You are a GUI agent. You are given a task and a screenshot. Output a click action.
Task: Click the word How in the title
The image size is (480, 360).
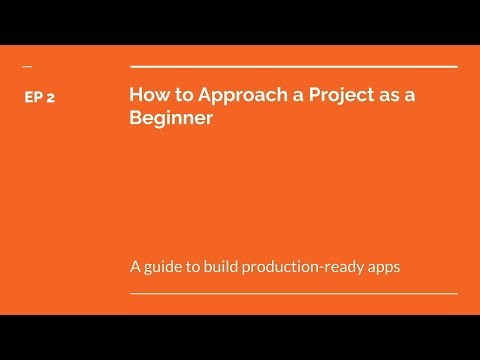click(x=146, y=96)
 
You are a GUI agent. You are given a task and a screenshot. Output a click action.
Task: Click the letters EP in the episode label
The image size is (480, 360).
click(x=32, y=98)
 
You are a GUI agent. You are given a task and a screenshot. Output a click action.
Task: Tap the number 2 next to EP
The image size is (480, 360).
click(x=50, y=98)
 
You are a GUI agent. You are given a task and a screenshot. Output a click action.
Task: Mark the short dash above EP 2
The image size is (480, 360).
click(x=26, y=67)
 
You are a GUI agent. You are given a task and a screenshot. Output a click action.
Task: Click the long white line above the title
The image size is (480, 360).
click(x=293, y=66)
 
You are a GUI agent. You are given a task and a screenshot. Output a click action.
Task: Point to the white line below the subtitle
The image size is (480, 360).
click(x=293, y=294)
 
